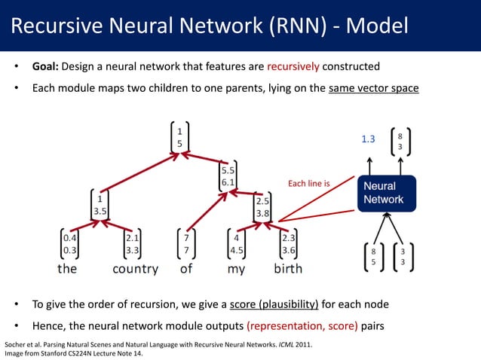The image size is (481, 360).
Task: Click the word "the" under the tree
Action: click(x=67, y=268)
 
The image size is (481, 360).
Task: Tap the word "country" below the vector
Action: click(x=135, y=268)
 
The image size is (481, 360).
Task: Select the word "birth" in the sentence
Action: click(x=288, y=268)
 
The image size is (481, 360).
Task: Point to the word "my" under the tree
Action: click(x=236, y=268)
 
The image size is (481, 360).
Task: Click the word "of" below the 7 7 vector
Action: click(x=186, y=268)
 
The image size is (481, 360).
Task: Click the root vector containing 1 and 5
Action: click(x=179, y=136)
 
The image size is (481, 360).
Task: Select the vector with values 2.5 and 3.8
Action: click(x=262, y=207)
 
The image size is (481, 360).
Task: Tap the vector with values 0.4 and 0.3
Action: click(x=68, y=243)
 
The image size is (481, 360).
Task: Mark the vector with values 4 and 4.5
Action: click(x=236, y=243)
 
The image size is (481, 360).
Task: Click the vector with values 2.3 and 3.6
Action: click(x=288, y=243)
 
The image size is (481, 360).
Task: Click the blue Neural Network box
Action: click(x=384, y=193)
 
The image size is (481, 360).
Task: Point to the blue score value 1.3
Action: click(x=369, y=139)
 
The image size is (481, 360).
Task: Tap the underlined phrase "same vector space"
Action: click(x=373, y=88)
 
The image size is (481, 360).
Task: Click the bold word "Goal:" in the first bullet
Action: click(x=48, y=66)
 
